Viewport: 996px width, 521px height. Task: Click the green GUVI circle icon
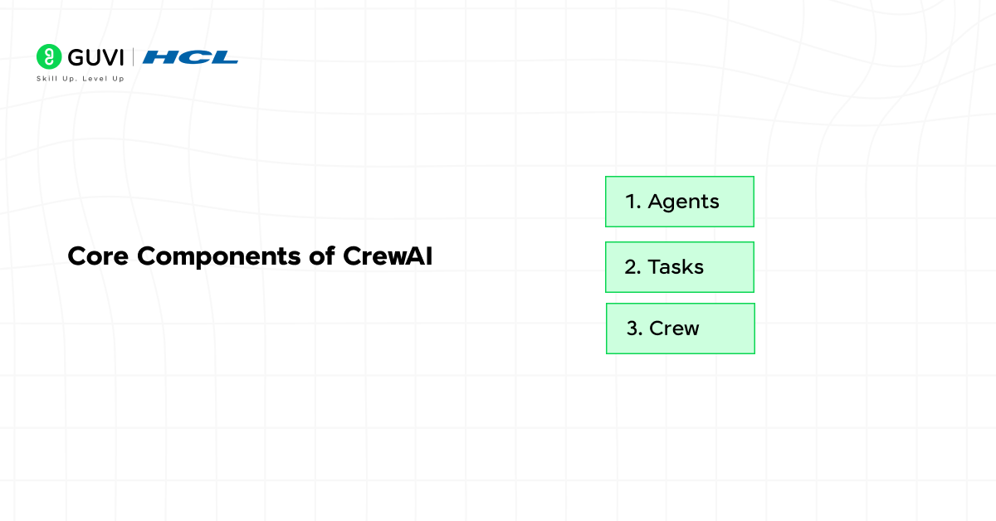49,56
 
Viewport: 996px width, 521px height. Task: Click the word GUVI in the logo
95,56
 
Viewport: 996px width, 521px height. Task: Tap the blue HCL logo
190,57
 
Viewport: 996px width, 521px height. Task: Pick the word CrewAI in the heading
388,256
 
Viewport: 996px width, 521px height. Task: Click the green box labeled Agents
679,201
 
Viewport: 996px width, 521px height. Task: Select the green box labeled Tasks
679,266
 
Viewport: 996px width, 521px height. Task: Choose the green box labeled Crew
680,329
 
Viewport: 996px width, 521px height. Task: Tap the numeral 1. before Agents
633,202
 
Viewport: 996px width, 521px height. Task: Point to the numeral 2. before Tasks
632,267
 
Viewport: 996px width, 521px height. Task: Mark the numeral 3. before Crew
635,329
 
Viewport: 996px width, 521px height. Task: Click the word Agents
683,202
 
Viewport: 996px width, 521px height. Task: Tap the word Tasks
676,267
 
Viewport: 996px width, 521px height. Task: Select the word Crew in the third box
674,329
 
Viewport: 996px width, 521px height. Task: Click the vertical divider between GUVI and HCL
134,56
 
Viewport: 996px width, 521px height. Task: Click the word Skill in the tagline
46,79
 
